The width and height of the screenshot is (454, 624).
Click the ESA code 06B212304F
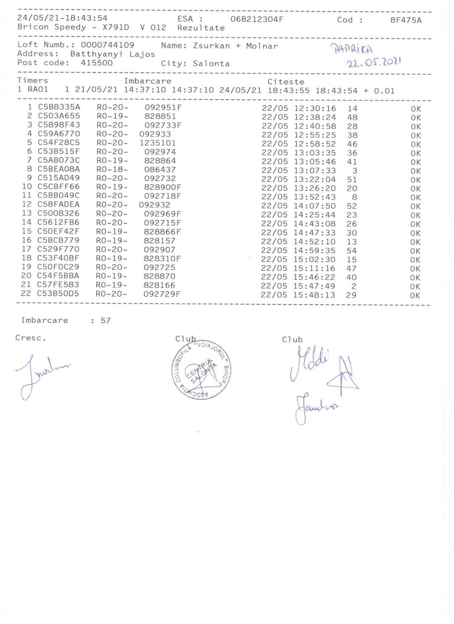257,19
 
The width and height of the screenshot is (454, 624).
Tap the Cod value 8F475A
406,20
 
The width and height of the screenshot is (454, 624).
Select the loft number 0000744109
107,45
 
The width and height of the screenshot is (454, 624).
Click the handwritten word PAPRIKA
354,49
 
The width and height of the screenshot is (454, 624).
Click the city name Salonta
211,63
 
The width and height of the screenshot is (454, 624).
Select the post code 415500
97,63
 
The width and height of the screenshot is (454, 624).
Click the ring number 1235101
157,143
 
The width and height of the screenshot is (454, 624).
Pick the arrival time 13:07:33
315,171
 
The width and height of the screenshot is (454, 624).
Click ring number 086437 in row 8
160,169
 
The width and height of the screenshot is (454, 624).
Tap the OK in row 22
415,296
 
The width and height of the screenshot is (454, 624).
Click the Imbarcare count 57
106,320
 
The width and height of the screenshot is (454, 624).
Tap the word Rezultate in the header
201,28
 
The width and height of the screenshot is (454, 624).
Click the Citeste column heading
286,82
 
